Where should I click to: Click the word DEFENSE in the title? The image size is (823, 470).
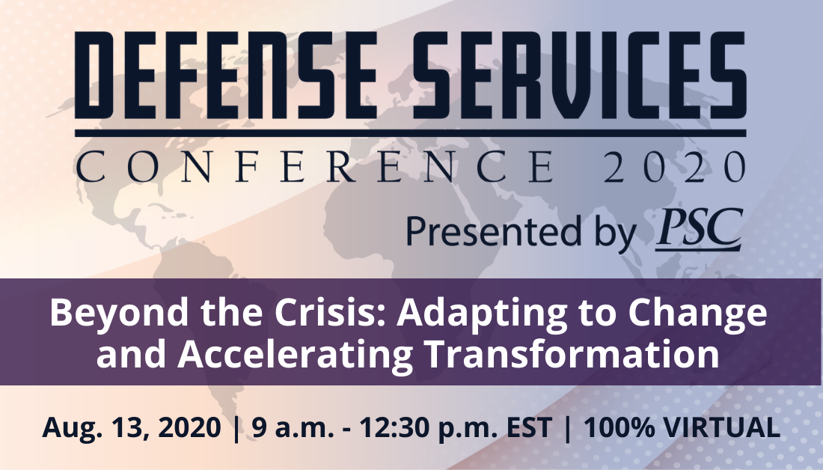(x=226, y=76)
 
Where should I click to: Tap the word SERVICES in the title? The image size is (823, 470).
(x=579, y=76)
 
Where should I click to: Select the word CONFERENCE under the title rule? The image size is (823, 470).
(x=315, y=166)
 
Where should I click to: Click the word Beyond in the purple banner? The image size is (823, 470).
(x=119, y=312)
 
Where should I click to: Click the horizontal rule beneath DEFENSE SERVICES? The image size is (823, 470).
(x=411, y=133)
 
